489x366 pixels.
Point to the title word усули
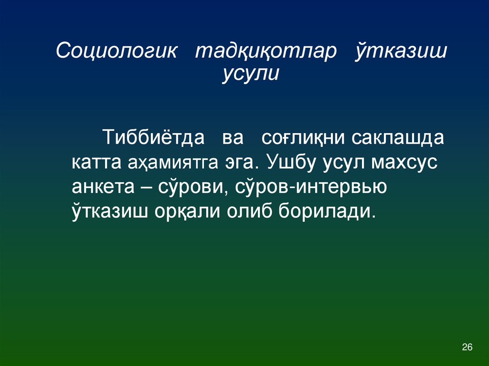click(250, 74)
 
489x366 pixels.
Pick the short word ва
click(233, 138)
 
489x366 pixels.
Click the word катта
click(97, 163)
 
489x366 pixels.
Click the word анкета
click(102, 187)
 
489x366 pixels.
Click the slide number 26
click(468, 347)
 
